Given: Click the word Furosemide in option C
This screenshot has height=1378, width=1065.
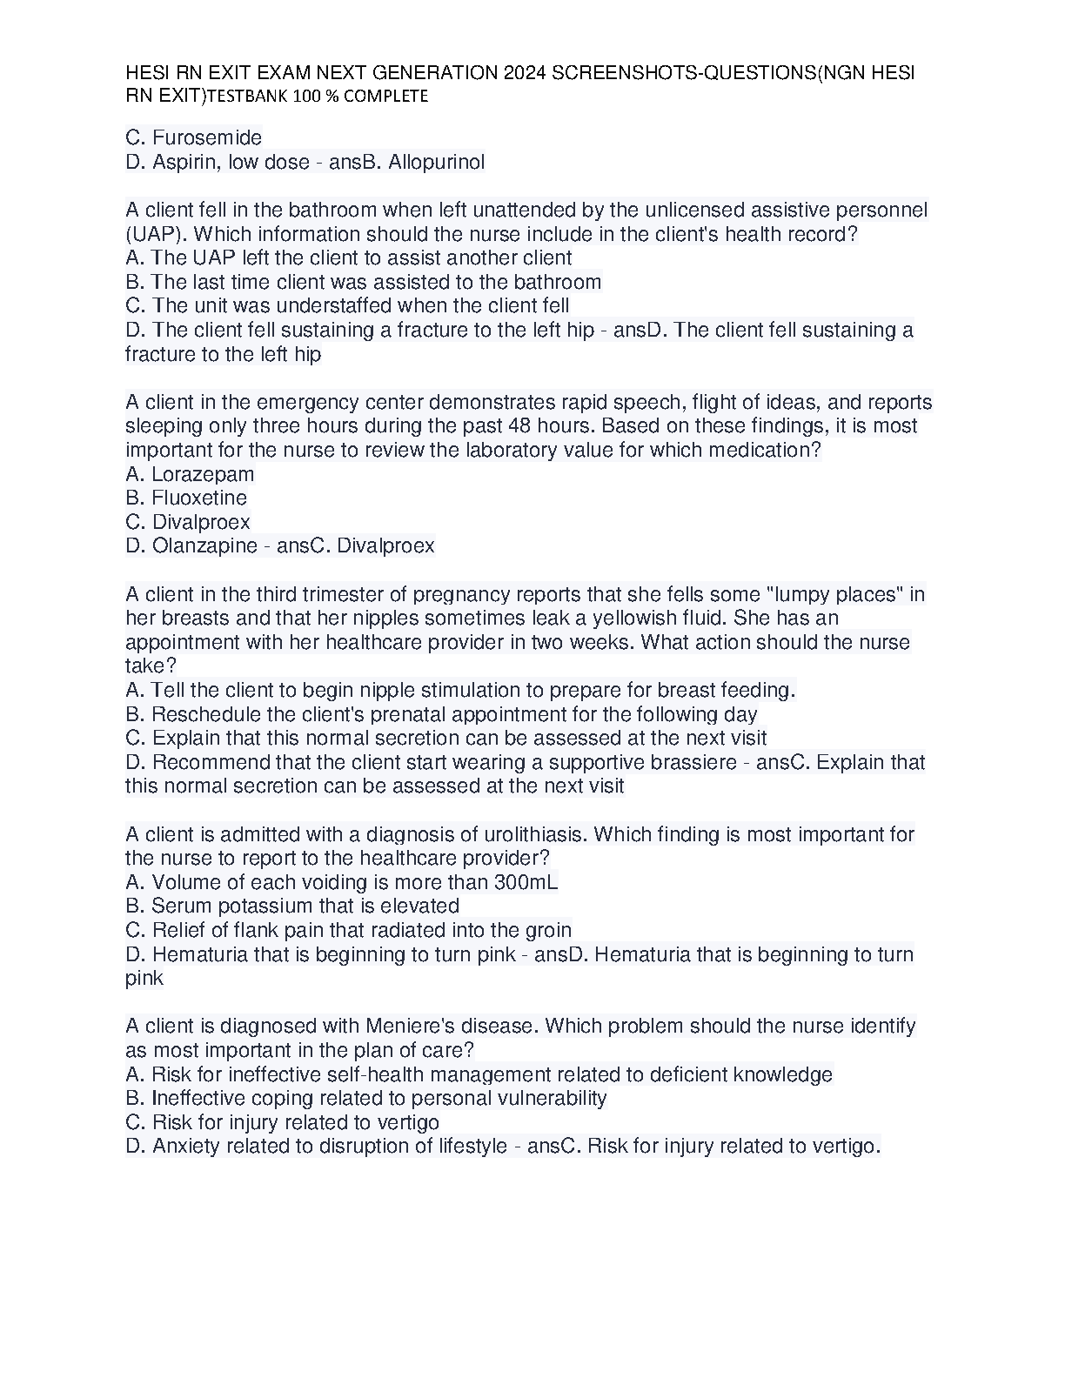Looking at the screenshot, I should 206,137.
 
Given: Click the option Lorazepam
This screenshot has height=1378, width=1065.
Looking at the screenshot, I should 203,474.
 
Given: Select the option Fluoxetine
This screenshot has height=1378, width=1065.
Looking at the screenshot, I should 199,498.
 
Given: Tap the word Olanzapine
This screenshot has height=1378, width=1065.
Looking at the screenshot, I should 204,546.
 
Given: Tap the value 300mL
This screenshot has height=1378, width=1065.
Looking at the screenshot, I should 526,883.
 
